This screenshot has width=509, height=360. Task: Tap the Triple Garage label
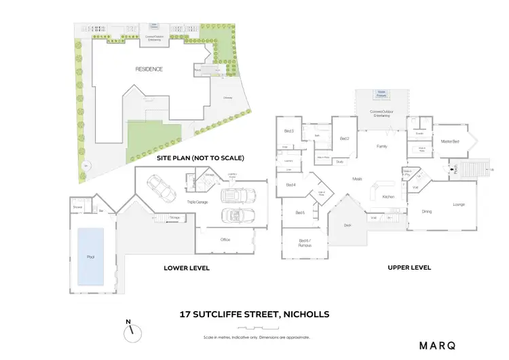pos(197,202)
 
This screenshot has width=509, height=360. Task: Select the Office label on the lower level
pos(225,239)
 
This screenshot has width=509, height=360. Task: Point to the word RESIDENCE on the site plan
pos(149,69)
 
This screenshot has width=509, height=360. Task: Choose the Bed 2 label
pos(344,139)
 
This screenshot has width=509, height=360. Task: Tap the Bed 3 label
pos(288,130)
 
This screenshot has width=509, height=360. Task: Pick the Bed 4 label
pos(290,184)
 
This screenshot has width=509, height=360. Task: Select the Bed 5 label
pos(300,213)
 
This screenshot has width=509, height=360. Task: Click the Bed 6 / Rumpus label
pos(305,242)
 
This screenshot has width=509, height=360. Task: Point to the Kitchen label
pos(388,196)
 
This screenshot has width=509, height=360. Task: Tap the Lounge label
pos(459,204)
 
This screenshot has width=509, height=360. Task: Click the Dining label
pos(427,212)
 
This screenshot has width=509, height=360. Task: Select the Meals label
pos(357,179)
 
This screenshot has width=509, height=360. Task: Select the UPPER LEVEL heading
pos(409,268)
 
